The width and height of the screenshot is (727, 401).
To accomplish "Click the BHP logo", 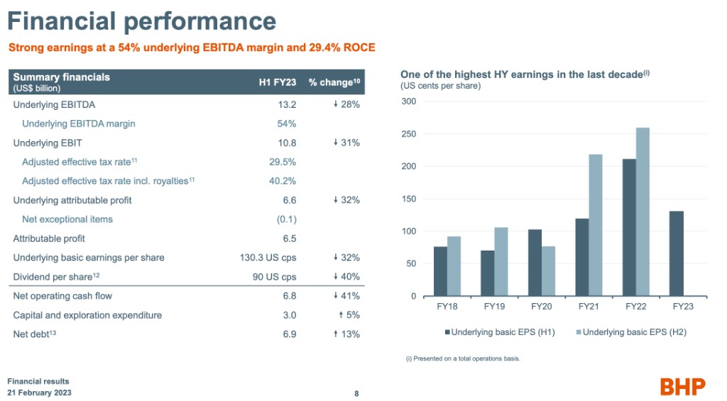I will coord(682,386).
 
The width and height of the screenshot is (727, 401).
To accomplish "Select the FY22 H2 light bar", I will coord(643,212).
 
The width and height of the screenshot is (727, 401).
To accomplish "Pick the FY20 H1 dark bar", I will coord(535,263).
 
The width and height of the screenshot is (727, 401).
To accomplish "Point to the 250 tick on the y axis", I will coord(410,134).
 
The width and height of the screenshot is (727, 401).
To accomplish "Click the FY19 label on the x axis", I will coord(494,307).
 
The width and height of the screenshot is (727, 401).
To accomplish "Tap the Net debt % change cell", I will coord(346,334).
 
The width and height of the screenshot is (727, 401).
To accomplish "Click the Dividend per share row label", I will coord(58,277).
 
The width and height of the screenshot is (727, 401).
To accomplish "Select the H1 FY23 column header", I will coord(278,82).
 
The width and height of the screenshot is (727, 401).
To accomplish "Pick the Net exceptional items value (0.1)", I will coord(287,219).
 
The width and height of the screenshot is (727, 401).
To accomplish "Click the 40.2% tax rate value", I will coord(283,181).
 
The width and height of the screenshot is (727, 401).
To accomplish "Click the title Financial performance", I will coord(141,22).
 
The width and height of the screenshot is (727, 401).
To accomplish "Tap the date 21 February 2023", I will coord(39,392).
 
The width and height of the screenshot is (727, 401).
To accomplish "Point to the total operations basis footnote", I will coord(461,358).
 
